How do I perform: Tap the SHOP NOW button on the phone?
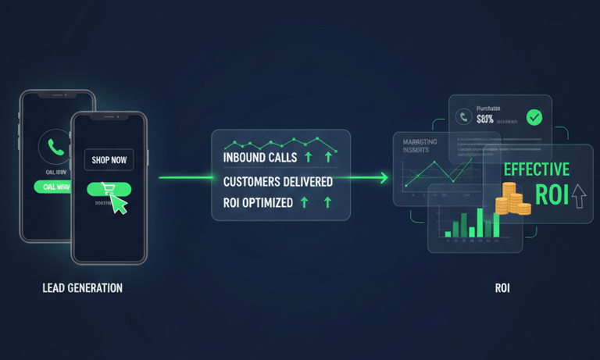109,160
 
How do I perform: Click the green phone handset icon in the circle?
54,146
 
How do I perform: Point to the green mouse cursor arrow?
118,202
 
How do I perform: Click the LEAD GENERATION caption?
82,288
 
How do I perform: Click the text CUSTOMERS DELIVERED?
277,182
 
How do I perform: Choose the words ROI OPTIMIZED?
257,203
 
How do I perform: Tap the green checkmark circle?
534,118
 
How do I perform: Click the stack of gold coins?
511,199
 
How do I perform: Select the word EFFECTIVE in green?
536,169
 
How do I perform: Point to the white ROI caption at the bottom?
502,288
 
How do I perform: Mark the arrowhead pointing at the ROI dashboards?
384,178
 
